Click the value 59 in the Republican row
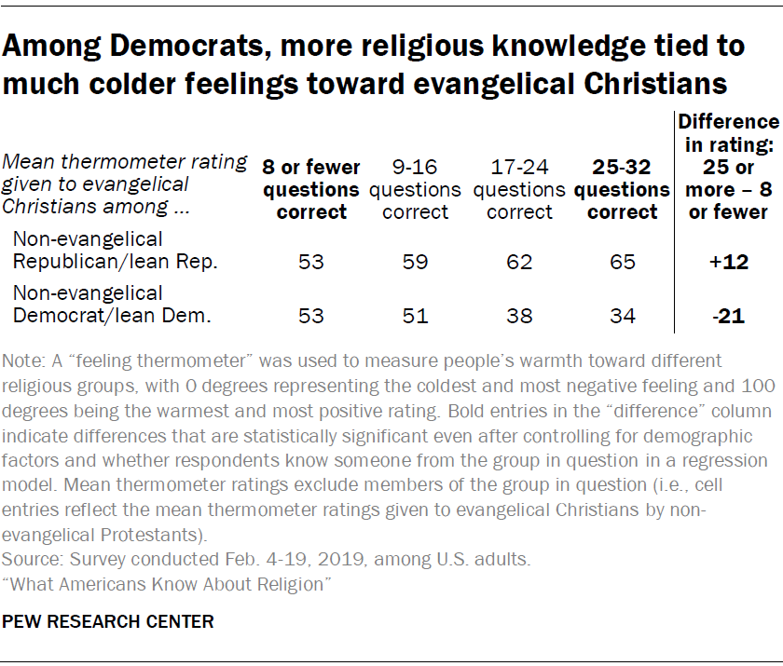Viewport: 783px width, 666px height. click(x=415, y=263)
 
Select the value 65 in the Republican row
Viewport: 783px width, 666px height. click(x=622, y=263)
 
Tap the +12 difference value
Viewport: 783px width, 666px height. click(x=728, y=263)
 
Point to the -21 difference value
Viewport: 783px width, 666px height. click(x=728, y=316)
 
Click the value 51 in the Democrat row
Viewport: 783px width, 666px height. click(x=415, y=316)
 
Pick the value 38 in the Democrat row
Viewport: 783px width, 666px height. click(x=519, y=316)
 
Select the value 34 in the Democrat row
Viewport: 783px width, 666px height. click(x=622, y=316)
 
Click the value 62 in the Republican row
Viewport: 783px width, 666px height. click(x=519, y=263)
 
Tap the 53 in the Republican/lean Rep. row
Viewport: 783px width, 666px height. click(x=311, y=263)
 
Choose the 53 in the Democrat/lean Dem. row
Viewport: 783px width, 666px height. click(x=311, y=316)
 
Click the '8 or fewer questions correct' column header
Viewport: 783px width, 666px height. click(x=311, y=190)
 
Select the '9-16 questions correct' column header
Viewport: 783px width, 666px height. click(x=415, y=190)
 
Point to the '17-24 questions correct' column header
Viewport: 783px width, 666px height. click(x=519, y=190)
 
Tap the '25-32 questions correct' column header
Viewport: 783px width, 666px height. click(x=622, y=190)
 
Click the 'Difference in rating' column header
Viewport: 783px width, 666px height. click(x=728, y=167)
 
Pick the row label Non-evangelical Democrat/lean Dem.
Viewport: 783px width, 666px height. click(x=113, y=305)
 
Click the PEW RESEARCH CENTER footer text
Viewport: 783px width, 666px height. click(x=108, y=621)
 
